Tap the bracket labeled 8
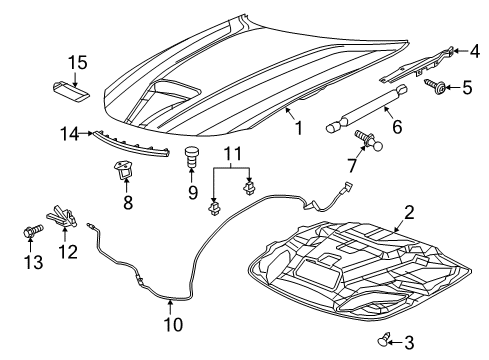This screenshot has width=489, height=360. tap(125, 171)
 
